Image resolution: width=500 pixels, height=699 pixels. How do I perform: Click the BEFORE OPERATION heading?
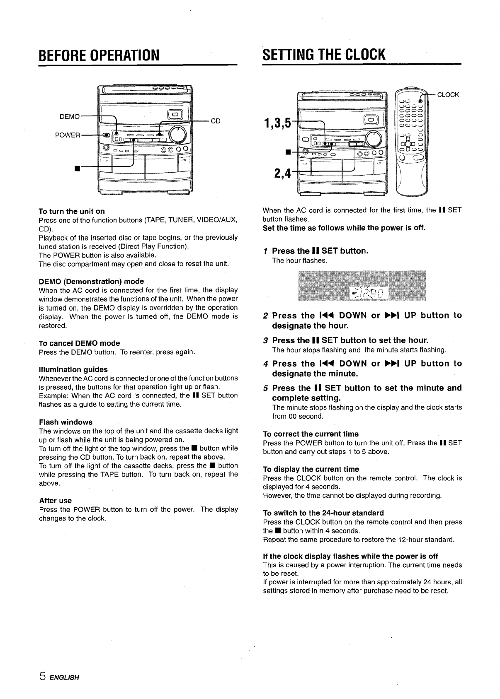tap(99, 54)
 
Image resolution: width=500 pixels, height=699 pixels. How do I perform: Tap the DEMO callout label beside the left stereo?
tap(70, 117)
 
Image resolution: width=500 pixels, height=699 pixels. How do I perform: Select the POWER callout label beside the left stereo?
tap(68, 135)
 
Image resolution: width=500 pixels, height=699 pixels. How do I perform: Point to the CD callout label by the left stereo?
tap(216, 121)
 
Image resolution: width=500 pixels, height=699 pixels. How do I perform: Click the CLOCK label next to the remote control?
tap(448, 94)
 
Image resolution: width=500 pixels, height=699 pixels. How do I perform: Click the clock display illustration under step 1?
tap(362, 286)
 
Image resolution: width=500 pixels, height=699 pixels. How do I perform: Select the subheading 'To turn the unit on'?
tap(72, 211)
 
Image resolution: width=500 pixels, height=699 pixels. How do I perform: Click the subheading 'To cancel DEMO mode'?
tap(79, 343)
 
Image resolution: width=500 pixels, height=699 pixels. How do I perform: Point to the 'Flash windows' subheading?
tap(66, 422)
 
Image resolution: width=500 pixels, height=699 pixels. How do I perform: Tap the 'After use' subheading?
tap(55, 500)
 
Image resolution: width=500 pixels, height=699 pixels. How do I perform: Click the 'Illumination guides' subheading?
tap(73, 369)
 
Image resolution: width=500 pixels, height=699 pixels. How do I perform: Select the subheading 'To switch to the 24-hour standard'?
tap(323, 513)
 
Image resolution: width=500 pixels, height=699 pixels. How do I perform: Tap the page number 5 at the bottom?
tap(42, 677)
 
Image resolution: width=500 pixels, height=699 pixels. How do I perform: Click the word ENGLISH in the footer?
tap(64, 678)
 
